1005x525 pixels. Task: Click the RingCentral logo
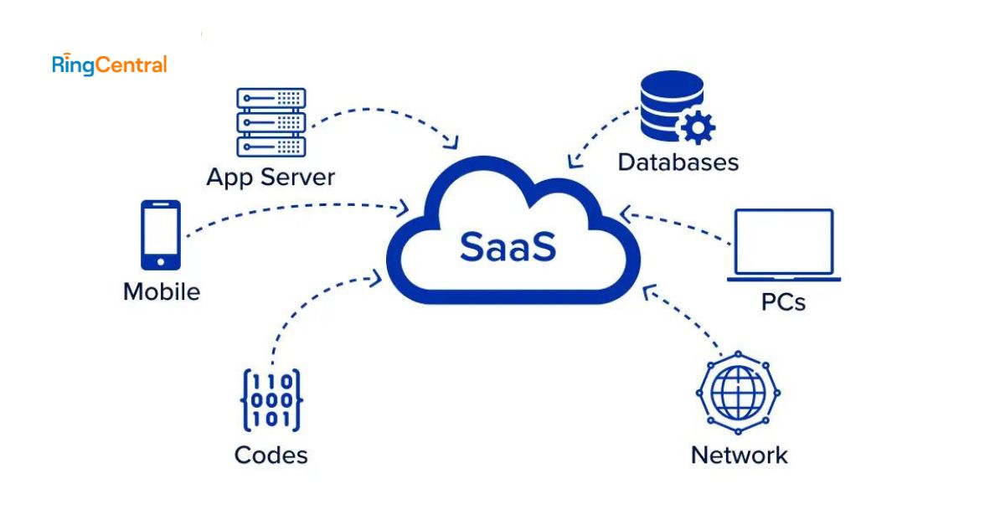coord(110,64)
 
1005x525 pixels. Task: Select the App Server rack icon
coord(271,122)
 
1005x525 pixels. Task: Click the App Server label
coord(271,178)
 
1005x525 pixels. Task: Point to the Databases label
coord(678,162)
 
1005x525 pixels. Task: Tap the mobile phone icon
coord(161,234)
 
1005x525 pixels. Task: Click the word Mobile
coord(162,292)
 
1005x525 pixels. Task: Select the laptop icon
coord(784,245)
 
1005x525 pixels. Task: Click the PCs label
coord(784,301)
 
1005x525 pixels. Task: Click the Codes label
coord(271,455)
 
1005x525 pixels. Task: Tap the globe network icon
coord(738,392)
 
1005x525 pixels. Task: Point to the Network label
coord(739,456)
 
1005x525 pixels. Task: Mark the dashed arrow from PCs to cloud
coord(678,228)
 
